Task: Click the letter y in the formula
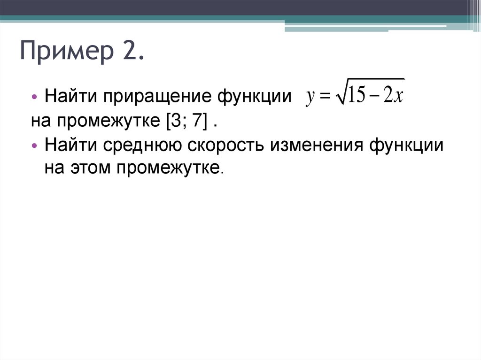click(310, 97)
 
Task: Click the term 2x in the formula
click(393, 96)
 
